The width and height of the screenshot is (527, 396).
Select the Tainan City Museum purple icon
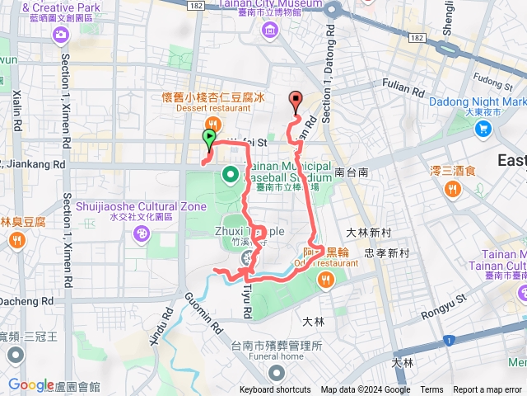(x=270, y=31)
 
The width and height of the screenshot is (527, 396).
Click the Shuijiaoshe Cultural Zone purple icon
(x=142, y=234)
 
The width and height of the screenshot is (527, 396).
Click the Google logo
(x=31, y=385)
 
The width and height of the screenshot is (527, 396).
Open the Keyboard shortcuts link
(x=275, y=390)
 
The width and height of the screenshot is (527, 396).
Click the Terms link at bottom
(x=431, y=390)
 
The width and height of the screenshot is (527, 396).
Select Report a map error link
(x=487, y=390)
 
